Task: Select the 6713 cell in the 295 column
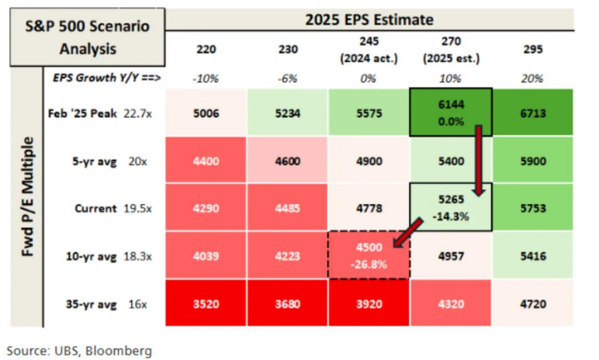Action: click(x=532, y=112)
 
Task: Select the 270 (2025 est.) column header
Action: click(x=450, y=49)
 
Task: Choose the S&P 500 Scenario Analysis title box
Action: click(x=88, y=35)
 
